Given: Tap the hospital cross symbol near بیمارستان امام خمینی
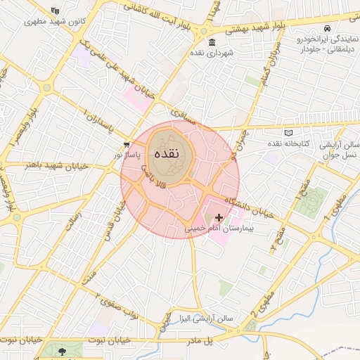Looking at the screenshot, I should (x=220, y=218).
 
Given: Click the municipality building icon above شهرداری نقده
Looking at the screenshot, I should (x=212, y=42).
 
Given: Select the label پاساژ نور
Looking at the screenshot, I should (x=128, y=153).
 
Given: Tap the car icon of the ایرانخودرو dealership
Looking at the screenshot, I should (x=328, y=28).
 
